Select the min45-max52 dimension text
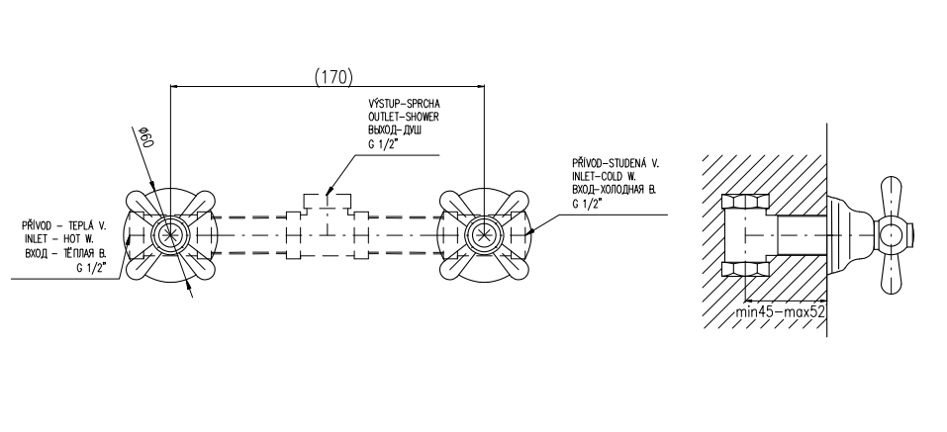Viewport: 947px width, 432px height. (781, 313)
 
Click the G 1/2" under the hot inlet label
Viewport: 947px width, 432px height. (89, 265)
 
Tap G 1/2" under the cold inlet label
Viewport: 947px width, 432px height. (586, 203)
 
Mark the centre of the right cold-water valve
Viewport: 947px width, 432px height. (483, 235)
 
